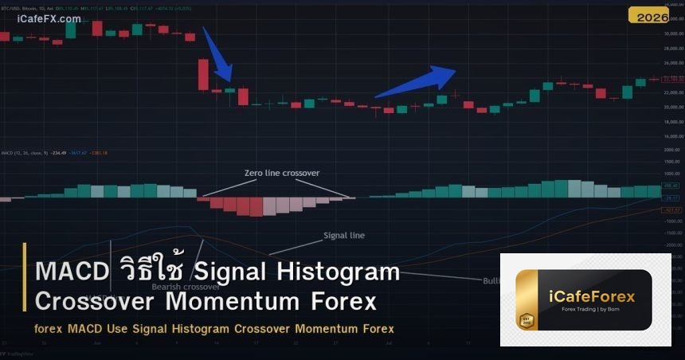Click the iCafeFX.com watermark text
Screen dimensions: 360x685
(x=49, y=18)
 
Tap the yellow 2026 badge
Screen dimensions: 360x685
(x=648, y=15)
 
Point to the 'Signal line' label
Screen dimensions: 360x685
(x=344, y=235)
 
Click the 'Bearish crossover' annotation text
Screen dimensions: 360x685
(x=185, y=287)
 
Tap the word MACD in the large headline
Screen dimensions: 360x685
(x=72, y=272)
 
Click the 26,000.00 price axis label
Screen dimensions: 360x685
(x=673, y=63)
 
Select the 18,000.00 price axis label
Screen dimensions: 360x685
(x=673, y=122)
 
